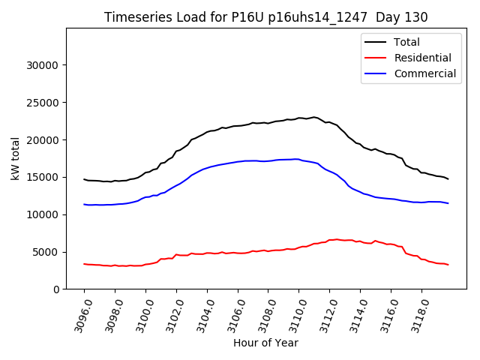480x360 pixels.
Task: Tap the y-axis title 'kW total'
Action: coord(15,159)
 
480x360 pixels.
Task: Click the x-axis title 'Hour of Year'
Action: coord(265,343)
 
